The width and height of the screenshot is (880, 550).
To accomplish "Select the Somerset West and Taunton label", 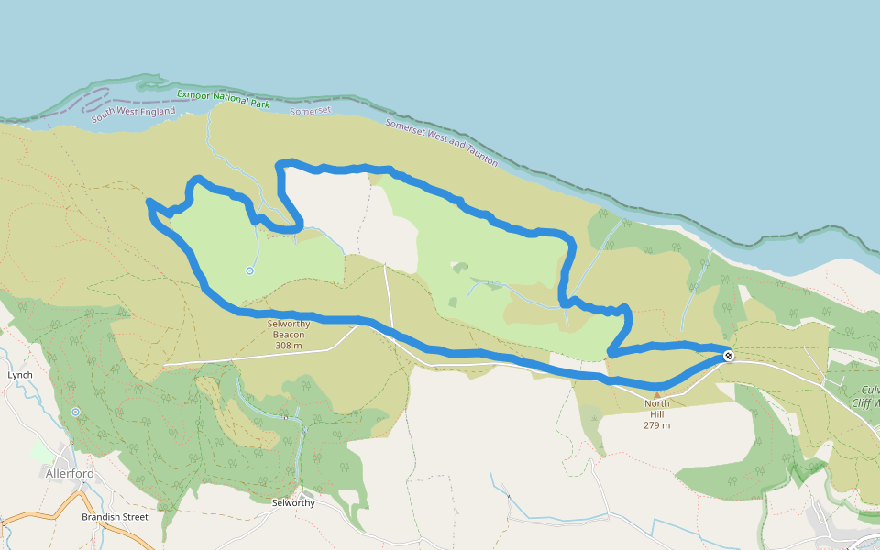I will pyautogui.click(x=441, y=142).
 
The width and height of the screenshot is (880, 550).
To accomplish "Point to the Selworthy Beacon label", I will pyautogui.click(x=289, y=328).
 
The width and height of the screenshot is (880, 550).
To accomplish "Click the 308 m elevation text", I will pyautogui.click(x=289, y=346).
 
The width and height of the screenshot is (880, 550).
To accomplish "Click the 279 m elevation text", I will pyautogui.click(x=657, y=425).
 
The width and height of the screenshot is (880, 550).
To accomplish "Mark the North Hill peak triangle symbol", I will pyautogui.click(x=656, y=395).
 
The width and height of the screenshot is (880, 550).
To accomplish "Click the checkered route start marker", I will pyautogui.click(x=728, y=355).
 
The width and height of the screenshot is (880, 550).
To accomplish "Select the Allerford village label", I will pyautogui.click(x=70, y=473).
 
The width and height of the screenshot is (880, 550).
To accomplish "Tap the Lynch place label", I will pyautogui.click(x=20, y=375).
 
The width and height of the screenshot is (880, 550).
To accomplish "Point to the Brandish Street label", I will pyautogui.click(x=115, y=517).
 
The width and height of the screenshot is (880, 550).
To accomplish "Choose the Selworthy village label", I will pyautogui.click(x=293, y=503).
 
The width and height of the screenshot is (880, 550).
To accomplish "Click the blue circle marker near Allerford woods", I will pyautogui.click(x=75, y=412).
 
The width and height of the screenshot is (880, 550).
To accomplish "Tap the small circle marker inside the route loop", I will pyautogui.click(x=249, y=270).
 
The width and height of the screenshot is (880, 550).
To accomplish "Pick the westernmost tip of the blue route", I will pyautogui.click(x=149, y=201).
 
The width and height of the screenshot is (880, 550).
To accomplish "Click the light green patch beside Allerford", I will pyautogui.click(x=42, y=450).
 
